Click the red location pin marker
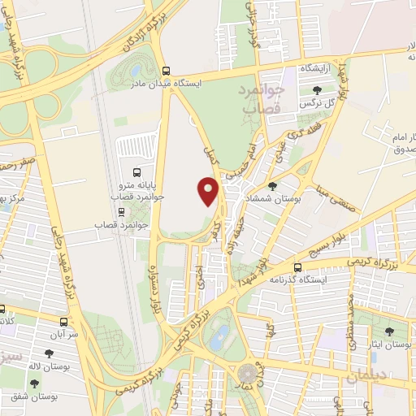pyautogui.click(x=209, y=190)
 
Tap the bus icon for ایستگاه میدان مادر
pyautogui.click(x=167, y=70)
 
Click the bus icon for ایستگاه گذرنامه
pyautogui.click(x=298, y=266)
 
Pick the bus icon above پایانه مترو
pyautogui.click(x=136, y=172)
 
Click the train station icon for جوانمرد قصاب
pyautogui.click(x=121, y=211)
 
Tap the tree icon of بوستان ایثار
pyautogui.click(x=388, y=331)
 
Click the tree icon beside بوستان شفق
pyautogui.click(x=34, y=382)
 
